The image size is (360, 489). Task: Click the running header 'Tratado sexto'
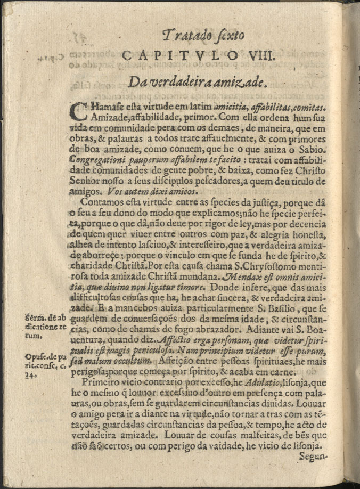point(203,36)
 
